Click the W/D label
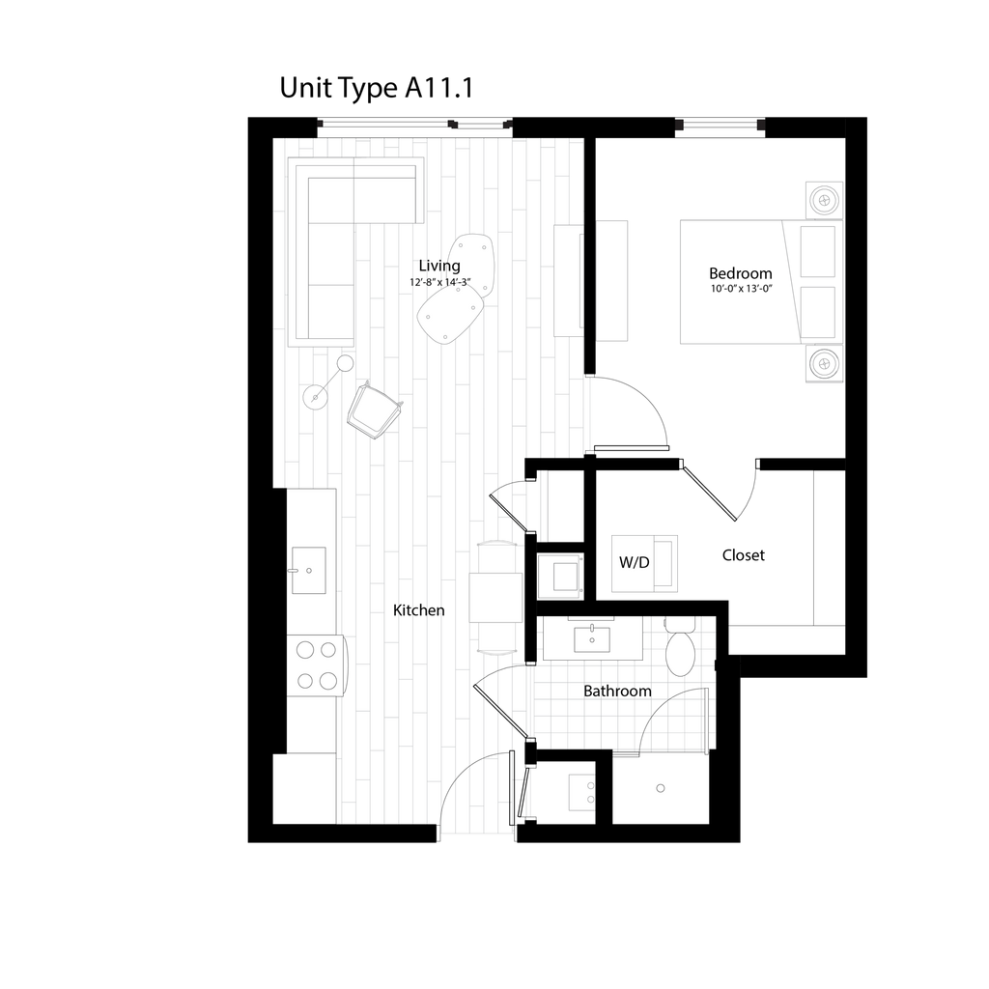(634, 563)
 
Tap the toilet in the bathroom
(680, 651)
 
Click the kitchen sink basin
(309, 570)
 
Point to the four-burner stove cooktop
(316, 665)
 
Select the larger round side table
(315, 397)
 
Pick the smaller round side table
(345, 363)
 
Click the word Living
(441, 267)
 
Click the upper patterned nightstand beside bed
(823, 200)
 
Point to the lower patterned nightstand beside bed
(823, 364)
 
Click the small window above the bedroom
(720, 126)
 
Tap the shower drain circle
(661, 788)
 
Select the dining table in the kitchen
(496, 597)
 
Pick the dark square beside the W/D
(559, 577)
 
